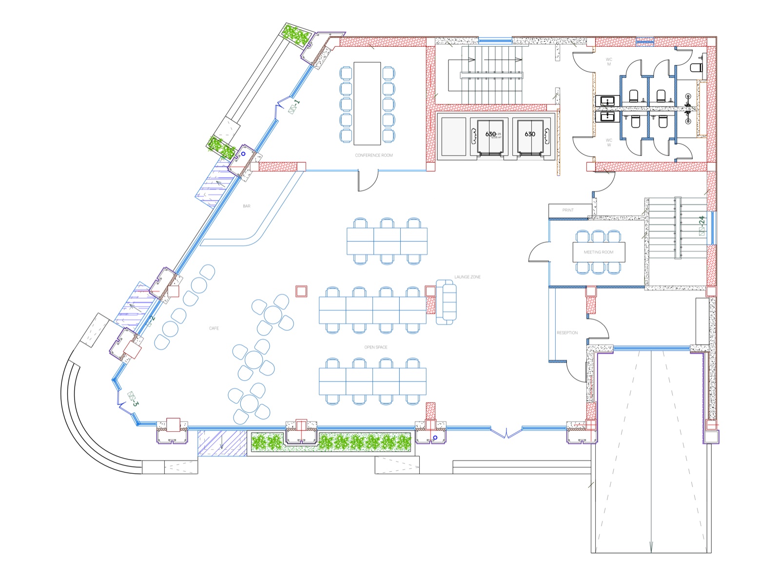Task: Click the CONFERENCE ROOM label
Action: (x=373, y=155)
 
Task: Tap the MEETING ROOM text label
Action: (x=598, y=252)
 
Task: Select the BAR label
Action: (x=247, y=206)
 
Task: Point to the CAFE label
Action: (x=214, y=328)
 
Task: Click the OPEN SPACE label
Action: (x=376, y=347)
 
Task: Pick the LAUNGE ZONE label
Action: (x=468, y=277)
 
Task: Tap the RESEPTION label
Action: (x=567, y=333)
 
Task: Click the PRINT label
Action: (x=568, y=210)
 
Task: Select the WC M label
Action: (x=609, y=62)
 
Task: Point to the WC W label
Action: (x=609, y=142)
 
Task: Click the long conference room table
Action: (x=367, y=103)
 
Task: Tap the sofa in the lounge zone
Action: (x=446, y=302)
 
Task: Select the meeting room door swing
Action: (x=539, y=251)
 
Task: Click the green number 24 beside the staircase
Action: (x=702, y=220)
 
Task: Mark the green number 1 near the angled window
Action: (x=297, y=103)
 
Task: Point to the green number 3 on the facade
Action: (x=136, y=404)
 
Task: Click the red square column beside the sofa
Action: (x=430, y=291)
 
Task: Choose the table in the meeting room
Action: (x=598, y=252)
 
